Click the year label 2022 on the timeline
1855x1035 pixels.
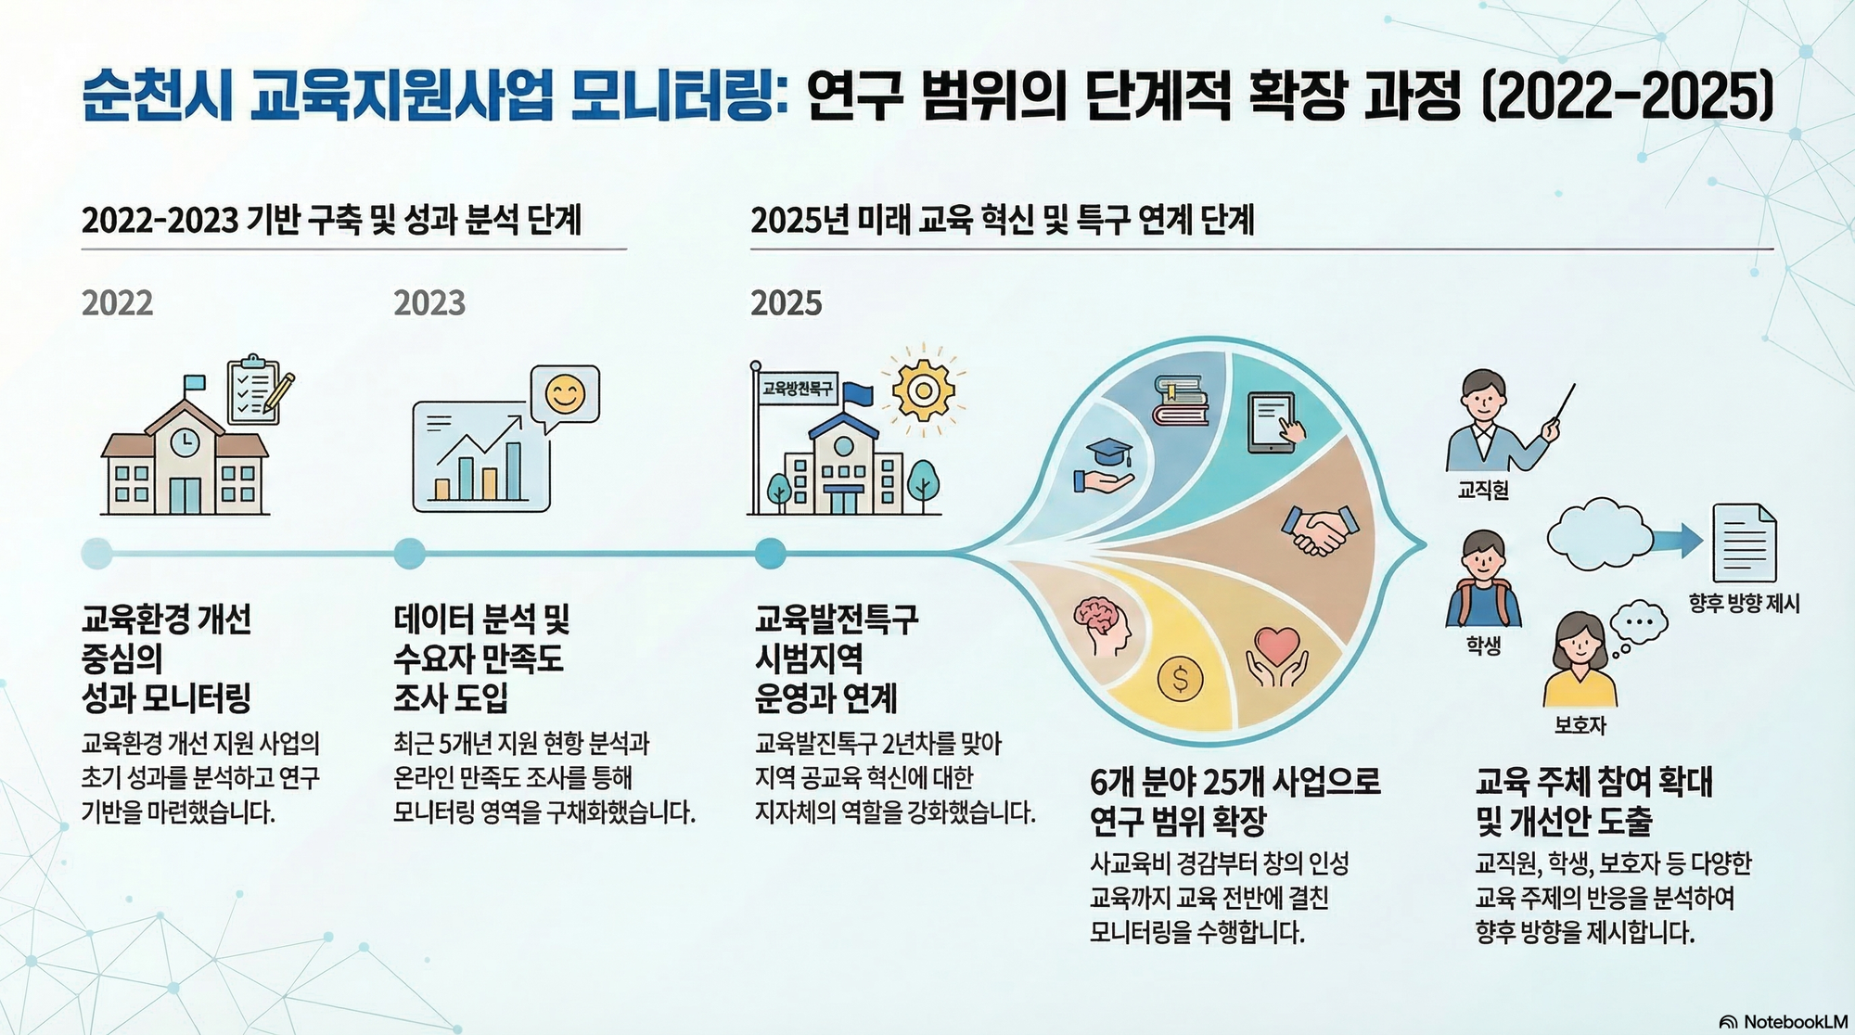coord(117,303)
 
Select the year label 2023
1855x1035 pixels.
coord(429,303)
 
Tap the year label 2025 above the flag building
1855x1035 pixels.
coord(787,303)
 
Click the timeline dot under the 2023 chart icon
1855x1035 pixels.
coord(409,554)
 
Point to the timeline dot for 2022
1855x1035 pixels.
coord(97,554)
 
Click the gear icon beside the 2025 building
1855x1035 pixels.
coord(923,390)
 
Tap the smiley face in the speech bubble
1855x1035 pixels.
coord(565,394)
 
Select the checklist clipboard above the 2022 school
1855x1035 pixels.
coord(260,390)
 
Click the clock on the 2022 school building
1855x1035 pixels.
coord(184,441)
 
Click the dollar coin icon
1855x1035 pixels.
coord(1180,680)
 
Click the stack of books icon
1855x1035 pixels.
coord(1180,400)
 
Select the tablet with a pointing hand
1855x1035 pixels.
coord(1276,422)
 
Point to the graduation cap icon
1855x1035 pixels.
coord(1106,466)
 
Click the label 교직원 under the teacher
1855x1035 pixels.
coord(1483,490)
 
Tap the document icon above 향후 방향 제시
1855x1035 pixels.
coord(1744,542)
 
